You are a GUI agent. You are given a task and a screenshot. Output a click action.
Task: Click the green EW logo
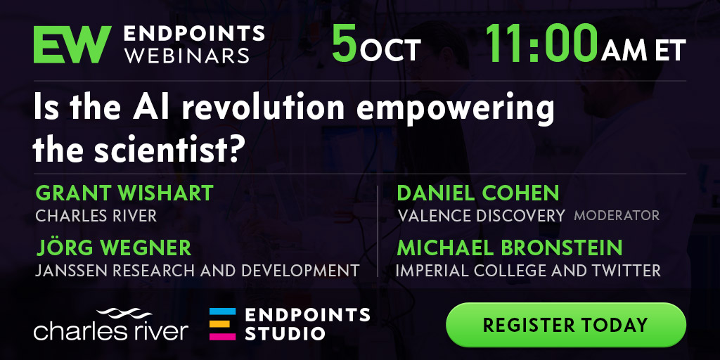[x=72, y=44]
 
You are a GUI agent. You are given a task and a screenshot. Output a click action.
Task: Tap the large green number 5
[x=345, y=43]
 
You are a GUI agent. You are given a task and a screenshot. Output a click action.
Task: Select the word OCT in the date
[x=390, y=50]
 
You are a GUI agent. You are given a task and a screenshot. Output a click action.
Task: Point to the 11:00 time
[x=542, y=43]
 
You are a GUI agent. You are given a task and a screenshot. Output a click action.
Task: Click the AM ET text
[x=643, y=50]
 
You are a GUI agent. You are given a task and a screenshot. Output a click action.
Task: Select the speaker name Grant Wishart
[x=124, y=193]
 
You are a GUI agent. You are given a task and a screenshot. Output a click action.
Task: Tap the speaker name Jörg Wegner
[x=113, y=247]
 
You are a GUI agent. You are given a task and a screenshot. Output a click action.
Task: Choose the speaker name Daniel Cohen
[x=477, y=193]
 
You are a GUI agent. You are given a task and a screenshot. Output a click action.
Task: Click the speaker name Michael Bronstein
[x=509, y=248]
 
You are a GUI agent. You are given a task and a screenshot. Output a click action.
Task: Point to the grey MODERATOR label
[x=617, y=215]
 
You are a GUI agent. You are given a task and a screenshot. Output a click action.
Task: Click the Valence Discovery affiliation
[x=481, y=215]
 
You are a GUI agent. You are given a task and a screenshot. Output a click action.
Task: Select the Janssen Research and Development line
[x=198, y=271]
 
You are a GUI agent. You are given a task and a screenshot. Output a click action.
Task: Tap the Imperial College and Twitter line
[x=528, y=271]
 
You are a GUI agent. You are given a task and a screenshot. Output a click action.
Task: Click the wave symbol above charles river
[x=124, y=314]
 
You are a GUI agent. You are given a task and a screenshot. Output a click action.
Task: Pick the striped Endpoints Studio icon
[x=223, y=324]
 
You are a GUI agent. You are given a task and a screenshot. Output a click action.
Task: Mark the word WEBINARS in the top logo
[x=187, y=55]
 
